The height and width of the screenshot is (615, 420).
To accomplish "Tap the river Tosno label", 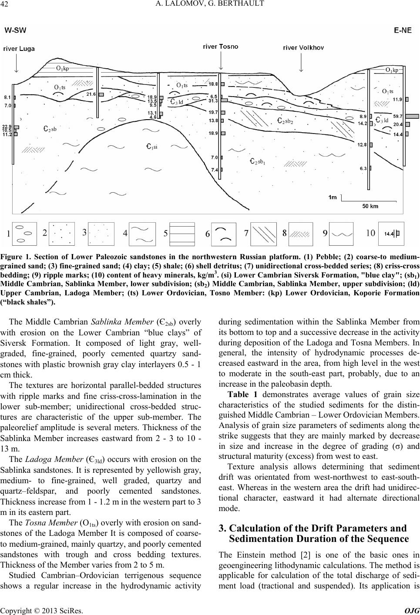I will coord(221,47).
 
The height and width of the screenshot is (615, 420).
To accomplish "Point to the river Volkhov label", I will coord(303,47).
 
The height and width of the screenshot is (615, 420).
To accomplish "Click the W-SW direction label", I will coord(16,30).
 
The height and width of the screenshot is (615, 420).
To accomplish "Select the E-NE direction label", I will coord(403,30).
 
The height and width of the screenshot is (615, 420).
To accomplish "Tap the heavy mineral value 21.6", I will coord(91,94).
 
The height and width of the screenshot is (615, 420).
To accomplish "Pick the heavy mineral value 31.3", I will coord(213,101).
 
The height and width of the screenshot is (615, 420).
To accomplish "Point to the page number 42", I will coord(8,5).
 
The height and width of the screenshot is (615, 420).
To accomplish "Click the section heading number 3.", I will coord(222,528).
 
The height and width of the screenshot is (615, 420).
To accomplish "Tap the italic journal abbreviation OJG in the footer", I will coord(409,611).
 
